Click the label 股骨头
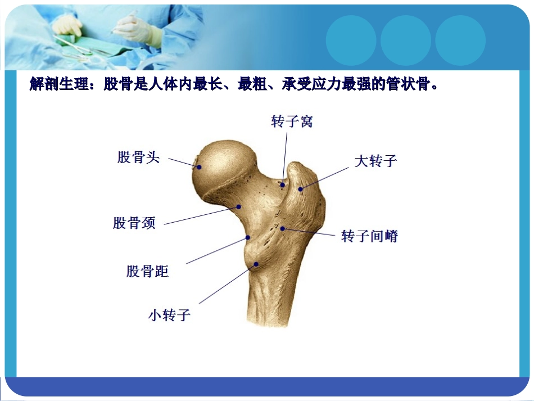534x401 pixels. (138, 157)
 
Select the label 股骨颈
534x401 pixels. (134, 223)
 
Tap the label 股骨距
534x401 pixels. (147, 272)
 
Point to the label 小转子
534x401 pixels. (169, 315)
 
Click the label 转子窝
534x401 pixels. (292, 121)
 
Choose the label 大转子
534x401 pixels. (375, 161)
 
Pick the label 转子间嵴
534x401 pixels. (369, 236)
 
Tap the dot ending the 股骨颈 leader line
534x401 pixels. (238, 206)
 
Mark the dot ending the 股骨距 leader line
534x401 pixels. (247, 238)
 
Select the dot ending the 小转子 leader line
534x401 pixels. (256, 264)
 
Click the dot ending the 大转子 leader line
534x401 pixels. (301, 188)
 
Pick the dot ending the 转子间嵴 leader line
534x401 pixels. (283, 228)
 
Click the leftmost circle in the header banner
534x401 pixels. (351, 40)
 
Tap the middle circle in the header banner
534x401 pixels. (405, 40)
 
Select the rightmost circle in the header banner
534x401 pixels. (460, 40)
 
